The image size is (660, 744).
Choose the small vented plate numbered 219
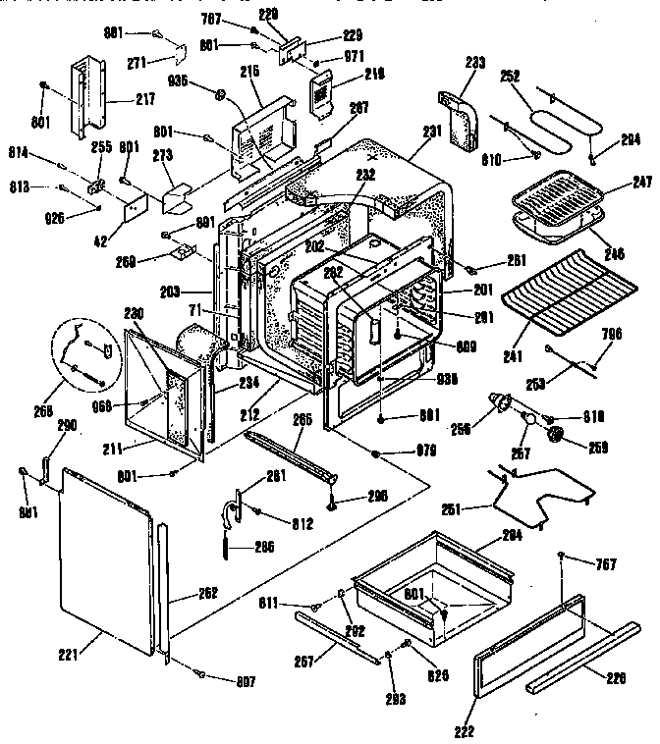(x=320, y=95)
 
